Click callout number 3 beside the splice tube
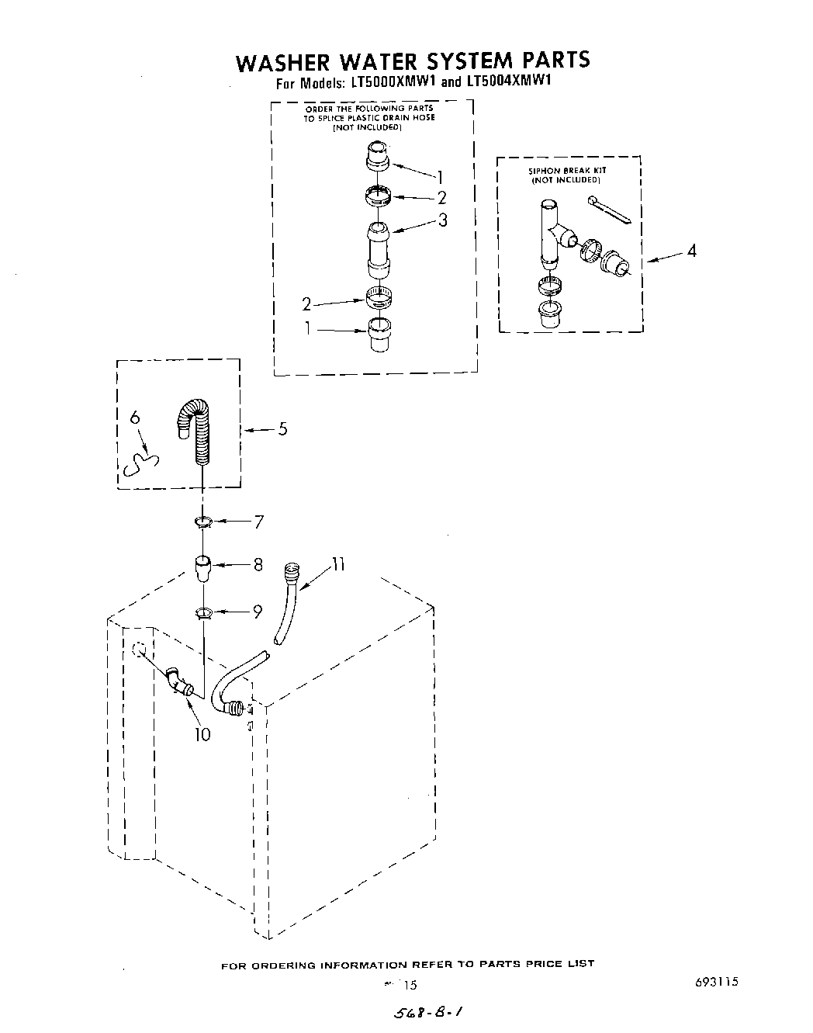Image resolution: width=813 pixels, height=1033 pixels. pyautogui.click(x=442, y=220)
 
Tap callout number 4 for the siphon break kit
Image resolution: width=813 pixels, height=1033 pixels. pyautogui.click(x=691, y=251)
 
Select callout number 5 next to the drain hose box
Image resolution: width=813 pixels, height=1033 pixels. pyautogui.click(x=282, y=428)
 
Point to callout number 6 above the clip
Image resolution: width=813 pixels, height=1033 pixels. pyautogui.click(x=135, y=417)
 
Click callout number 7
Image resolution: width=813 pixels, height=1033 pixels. pyautogui.click(x=258, y=522)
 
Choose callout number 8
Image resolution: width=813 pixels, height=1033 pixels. pyautogui.click(x=258, y=565)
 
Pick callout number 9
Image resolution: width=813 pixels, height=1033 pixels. pyautogui.click(x=258, y=612)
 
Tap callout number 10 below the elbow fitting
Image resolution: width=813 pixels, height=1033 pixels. pyautogui.click(x=202, y=733)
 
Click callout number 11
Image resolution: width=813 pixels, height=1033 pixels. pyautogui.click(x=337, y=565)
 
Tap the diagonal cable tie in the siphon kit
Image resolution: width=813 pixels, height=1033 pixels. pyautogui.click(x=612, y=211)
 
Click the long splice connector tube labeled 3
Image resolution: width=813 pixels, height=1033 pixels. pyautogui.click(x=378, y=248)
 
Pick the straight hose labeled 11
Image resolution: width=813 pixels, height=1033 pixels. pyautogui.click(x=284, y=605)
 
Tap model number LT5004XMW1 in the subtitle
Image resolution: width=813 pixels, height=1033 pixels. pyautogui.click(x=508, y=81)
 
